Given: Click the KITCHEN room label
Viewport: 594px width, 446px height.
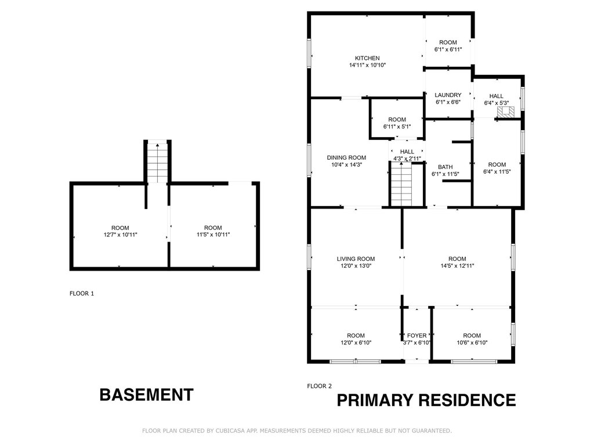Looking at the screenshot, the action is (x=367, y=58).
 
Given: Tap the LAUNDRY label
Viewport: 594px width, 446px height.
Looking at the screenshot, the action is (x=448, y=95).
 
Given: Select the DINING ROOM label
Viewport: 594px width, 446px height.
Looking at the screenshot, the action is (x=346, y=157).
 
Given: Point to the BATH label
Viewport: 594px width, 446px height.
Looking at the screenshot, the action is (x=445, y=167).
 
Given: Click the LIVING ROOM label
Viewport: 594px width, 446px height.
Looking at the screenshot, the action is (x=356, y=259).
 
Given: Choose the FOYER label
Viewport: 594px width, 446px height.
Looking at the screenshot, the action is (x=416, y=336).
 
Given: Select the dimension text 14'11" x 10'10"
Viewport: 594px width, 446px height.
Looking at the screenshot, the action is (x=367, y=65).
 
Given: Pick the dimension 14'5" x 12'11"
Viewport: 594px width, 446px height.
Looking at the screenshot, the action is (x=457, y=266).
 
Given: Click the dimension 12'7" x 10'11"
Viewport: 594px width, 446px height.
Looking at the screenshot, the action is (x=120, y=235).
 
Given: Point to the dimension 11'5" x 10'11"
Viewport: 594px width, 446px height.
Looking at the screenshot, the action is (x=213, y=235).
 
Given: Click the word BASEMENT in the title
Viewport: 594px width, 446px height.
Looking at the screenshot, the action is (x=146, y=395).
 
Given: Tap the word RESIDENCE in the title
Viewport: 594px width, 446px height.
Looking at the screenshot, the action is (x=467, y=400).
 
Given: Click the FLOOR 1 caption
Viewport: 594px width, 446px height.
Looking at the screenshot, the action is (x=81, y=293).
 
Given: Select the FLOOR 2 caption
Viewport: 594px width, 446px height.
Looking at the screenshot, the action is (x=319, y=386).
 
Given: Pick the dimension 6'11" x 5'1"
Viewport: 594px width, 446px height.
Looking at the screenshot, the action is (x=397, y=127).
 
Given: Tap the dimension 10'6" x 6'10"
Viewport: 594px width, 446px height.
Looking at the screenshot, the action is (x=472, y=343).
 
